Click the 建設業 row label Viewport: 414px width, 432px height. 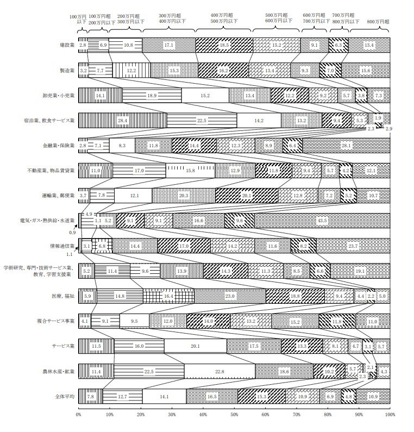pos(66,45)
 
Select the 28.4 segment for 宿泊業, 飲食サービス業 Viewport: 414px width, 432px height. pos(122,121)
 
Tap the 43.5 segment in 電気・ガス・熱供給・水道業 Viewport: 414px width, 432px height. pos(322,221)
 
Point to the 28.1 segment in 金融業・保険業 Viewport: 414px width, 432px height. pos(346,146)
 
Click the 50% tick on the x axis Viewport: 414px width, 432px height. pos(234,414)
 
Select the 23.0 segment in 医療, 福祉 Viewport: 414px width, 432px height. pos(230,296)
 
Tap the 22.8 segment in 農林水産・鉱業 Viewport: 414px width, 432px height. pos(219,372)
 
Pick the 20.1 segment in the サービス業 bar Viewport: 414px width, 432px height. pos(195,346)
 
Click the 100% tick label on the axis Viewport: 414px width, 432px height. pos(389,414)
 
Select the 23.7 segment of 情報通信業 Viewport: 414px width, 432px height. pos(353,246)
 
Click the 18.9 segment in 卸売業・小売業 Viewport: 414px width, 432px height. pos(152,96)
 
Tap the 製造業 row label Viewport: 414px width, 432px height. pos(66,71)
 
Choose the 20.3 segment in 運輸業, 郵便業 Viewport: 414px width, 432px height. pos(184,196)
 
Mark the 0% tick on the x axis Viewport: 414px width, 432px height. pos(79,414)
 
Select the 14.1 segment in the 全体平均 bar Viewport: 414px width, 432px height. pos(164,396)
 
